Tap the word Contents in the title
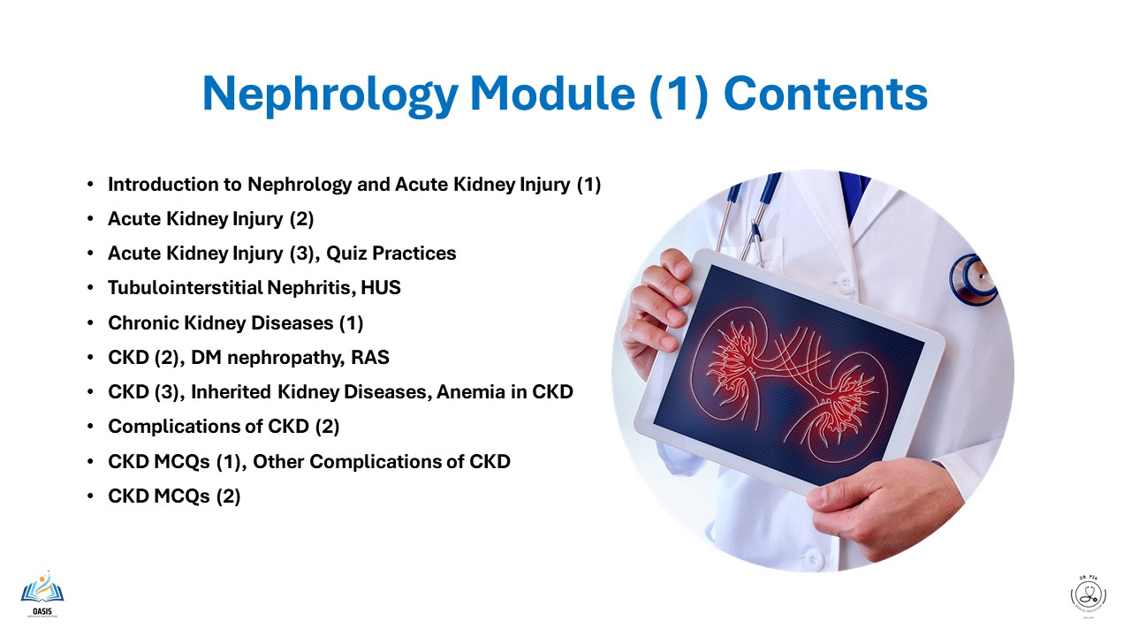(x=826, y=95)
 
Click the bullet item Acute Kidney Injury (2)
(x=210, y=219)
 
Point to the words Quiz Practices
(x=391, y=254)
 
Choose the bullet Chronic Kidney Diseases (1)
(x=235, y=323)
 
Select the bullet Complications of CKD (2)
(x=224, y=427)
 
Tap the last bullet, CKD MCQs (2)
(x=174, y=496)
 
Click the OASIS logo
(x=42, y=593)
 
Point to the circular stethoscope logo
(x=1088, y=594)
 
